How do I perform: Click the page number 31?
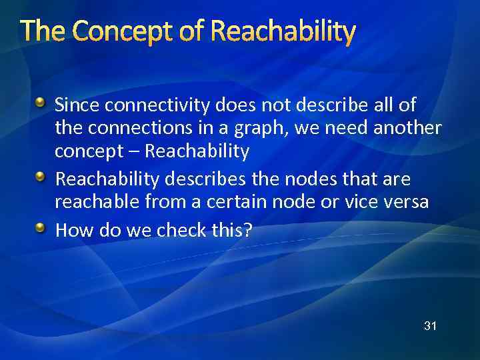click(430, 326)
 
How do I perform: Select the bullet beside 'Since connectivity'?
click(41, 103)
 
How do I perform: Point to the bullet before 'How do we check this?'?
click(41, 229)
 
